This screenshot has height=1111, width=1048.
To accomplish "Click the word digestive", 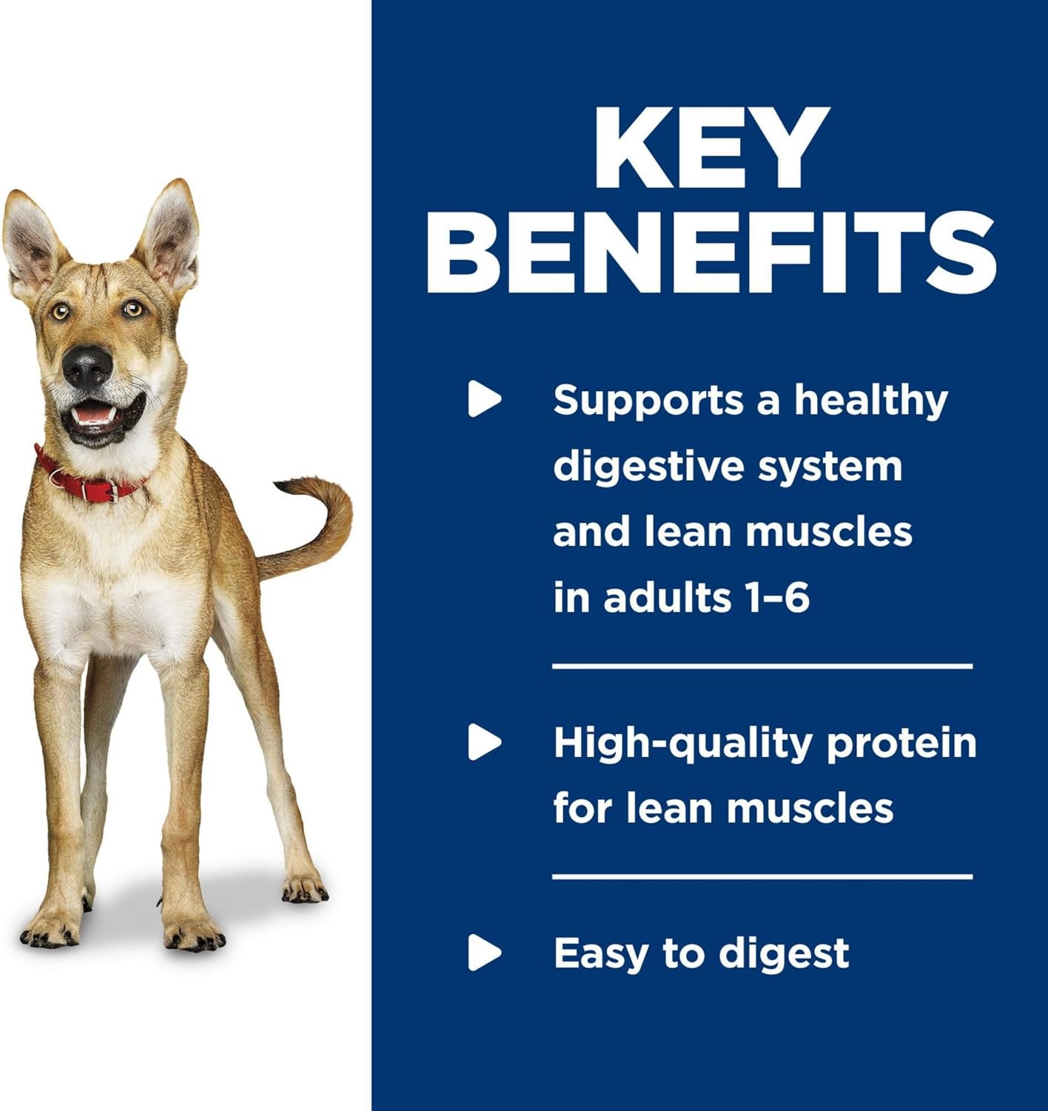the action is tap(648, 467).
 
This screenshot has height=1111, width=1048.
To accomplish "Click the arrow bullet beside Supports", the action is tap(484, 399).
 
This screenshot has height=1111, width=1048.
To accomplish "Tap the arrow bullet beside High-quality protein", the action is tap(484, 743).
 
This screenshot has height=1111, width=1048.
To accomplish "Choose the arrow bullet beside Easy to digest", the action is tap(484, 952).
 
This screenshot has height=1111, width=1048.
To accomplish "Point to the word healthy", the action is tap(871, 401).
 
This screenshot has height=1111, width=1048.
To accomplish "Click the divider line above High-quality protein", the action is tap(762, 667).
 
